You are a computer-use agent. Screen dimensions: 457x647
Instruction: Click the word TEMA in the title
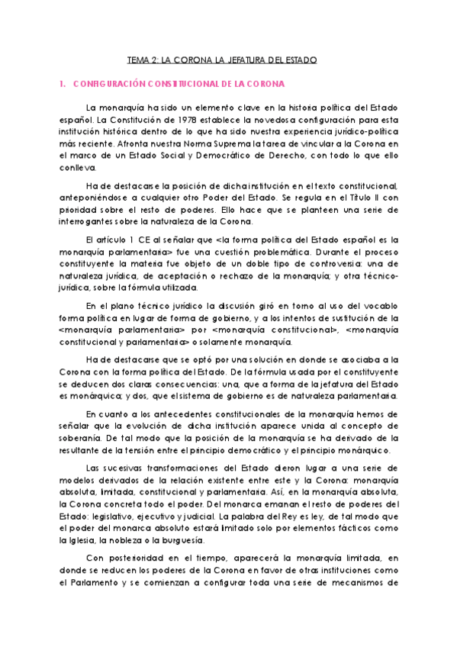tap(137, 59)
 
